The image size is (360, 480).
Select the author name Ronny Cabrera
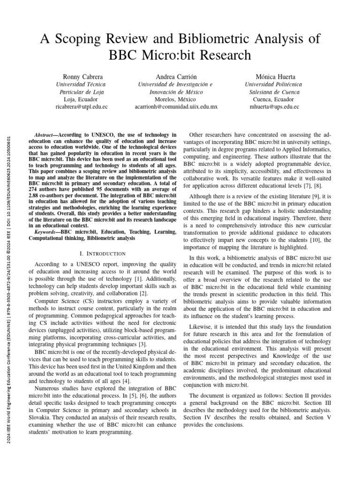(x=83, y=76)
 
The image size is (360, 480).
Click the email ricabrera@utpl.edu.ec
(x=82, y=107)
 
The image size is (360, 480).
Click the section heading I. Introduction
(x=102, y=254)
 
